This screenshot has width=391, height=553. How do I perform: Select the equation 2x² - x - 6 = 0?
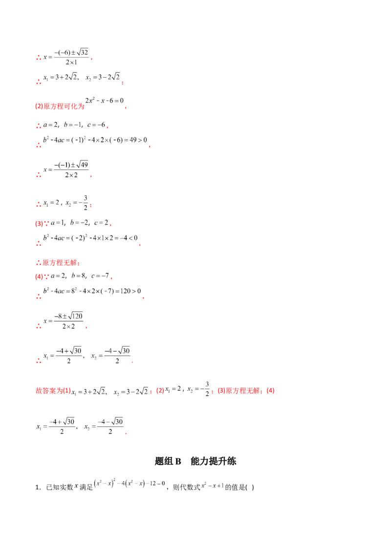click(x=104, y=100)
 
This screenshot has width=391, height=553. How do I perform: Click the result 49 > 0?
click(x=137, y=141)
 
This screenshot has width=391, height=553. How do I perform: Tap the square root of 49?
click(x=82, y=165)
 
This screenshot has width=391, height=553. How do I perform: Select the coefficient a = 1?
click(x=58, y=222)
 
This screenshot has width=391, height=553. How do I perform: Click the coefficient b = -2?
click(x=80, y=222)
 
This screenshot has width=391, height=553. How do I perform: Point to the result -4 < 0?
click(x=128, y=238)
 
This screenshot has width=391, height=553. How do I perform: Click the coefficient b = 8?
click(x=78, y=276)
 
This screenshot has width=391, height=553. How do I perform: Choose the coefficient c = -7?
click(x=101, y=276)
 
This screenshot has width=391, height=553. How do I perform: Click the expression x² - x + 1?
click(x=213, y=486)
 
